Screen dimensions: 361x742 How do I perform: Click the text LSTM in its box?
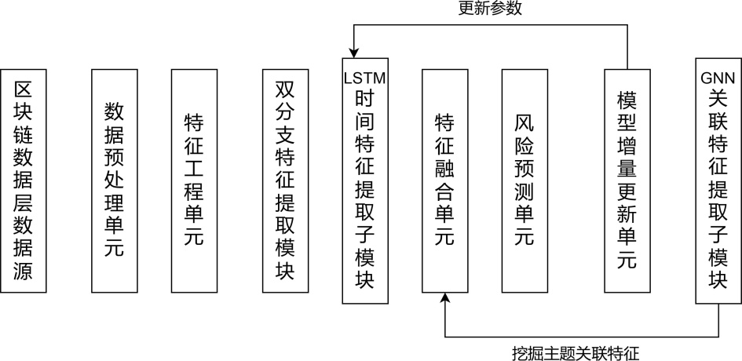tap(366, 78)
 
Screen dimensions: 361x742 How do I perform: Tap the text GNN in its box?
tap(718, 78)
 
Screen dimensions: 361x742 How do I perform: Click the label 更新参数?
tap(490, 9)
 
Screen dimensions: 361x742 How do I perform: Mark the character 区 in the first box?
tap(24, 89)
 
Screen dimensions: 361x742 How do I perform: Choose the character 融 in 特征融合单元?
tap(445, 169)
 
